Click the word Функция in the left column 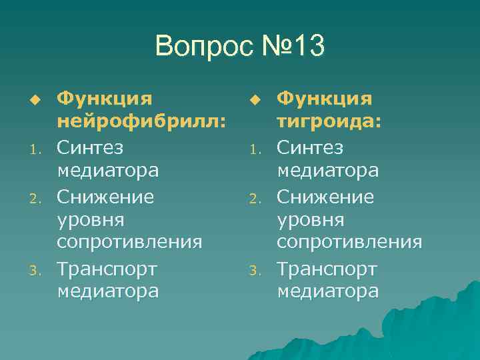[x=105, y=99]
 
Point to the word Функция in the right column [x=325, y=99]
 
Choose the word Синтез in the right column [x=310, y=147]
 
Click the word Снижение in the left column [x=105, y=197]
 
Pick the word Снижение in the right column [x=325, y=197]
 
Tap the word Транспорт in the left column [x=107, y=269]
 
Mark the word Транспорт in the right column [x=327, y=269]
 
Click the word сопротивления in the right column [x=349, y=241]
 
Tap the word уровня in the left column [x=87, y=219]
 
